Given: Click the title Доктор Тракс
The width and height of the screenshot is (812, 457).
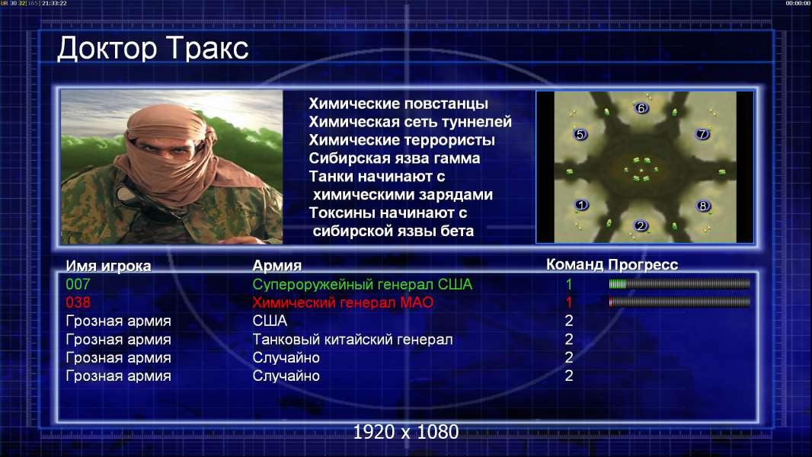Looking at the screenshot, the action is [x=153, y=49].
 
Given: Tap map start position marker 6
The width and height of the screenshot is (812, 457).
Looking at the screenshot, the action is [x=641, y=108].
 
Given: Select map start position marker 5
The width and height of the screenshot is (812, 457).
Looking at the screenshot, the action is [x=580, y=135].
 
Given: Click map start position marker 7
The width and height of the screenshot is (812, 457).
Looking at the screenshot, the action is [x=702, y=134].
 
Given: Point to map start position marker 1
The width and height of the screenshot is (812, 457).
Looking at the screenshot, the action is [x=581, y=205].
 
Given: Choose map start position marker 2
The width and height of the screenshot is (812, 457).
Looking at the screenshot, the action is [x=641, y=225].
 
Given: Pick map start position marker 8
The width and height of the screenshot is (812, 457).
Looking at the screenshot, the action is [x=703, y=206].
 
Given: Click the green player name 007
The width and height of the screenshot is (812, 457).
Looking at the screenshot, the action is [x=78, y=284].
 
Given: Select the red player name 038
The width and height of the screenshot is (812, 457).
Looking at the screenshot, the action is [x=78, y=302].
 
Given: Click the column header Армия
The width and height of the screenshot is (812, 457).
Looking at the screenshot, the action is [x=277, y=266].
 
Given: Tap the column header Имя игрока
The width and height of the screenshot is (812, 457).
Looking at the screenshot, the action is [x=108, y=266].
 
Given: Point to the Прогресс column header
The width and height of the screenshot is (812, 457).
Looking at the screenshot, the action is [x=643, y=265].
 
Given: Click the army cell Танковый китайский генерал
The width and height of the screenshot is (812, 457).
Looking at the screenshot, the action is [x=353, y=340].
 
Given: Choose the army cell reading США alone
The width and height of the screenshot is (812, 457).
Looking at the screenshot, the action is [x=270, y=321].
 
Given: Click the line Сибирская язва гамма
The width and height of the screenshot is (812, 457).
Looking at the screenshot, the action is [x=395, y=158].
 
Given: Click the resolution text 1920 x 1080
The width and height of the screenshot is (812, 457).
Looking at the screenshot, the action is [x=406, y=432].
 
